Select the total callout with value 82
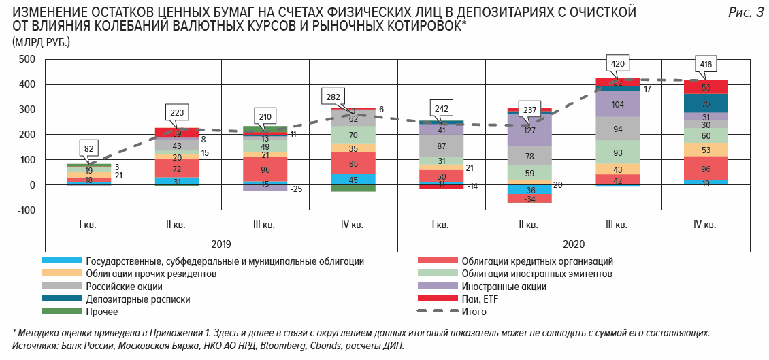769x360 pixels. [x=89, y=147]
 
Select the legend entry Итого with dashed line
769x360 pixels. [x=474, y=312]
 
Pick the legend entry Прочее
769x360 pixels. [x=102, y=311]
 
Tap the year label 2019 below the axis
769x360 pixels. [x=221, y=244]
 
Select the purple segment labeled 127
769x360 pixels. [x=529, y=129]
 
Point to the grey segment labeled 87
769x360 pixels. [x=441, y=146]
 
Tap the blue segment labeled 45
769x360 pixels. [x=353, y=180]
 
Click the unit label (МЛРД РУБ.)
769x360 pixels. [x=41, y=42]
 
